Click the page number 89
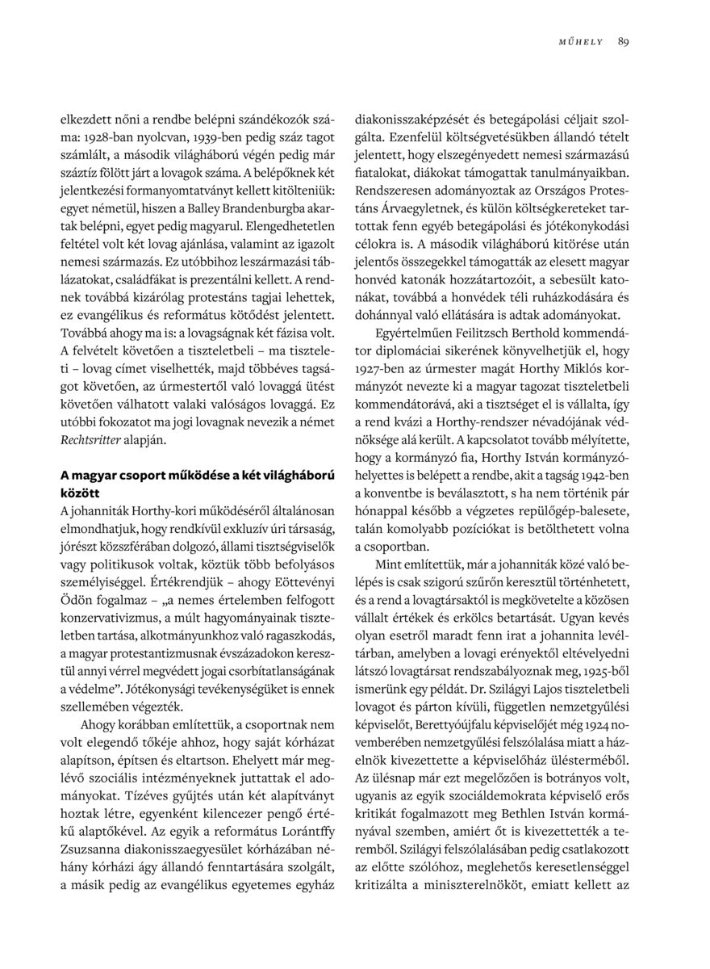(x=624, y=41)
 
